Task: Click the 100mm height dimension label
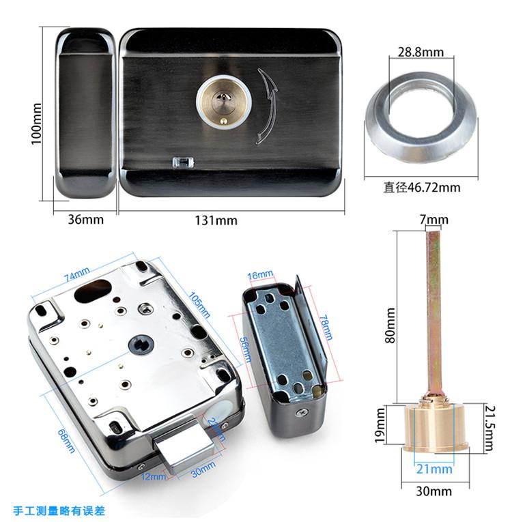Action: click(37, 124)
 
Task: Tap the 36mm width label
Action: click(85, 220)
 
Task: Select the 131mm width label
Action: click(216, 220)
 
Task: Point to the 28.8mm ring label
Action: click(421, 52)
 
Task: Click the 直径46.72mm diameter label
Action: click(422, 188)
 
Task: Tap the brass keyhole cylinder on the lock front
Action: click(224, 103)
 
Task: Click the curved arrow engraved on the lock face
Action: click(267, 106)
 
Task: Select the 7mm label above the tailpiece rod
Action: click(433, 220)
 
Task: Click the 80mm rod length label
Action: click(390, 325)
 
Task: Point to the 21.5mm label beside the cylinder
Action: click(489, 428)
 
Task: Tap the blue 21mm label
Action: click(434, 469)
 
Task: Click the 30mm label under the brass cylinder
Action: click(433, 491)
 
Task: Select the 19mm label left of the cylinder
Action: click(380, 426)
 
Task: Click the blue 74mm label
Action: click(77, 274)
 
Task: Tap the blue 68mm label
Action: click(66, 441)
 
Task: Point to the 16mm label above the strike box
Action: click(260, 275)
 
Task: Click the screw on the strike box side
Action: click(301, 413)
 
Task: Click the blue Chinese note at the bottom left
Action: click(59, 510)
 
